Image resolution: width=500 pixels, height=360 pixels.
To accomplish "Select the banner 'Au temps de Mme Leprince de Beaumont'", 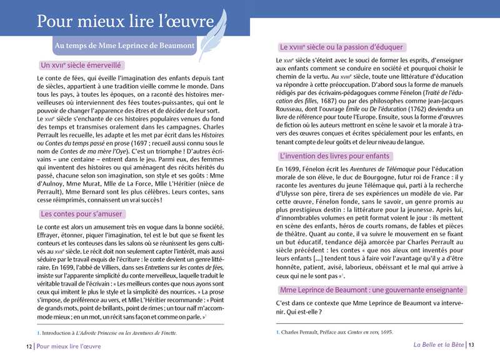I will pyautogui.click(x=124, y=46).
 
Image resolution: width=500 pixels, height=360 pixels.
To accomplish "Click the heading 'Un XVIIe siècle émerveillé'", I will pyautogui.click(x=79, y=65).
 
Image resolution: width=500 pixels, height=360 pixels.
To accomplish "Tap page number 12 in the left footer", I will pyautogui.click(x=29, y=346).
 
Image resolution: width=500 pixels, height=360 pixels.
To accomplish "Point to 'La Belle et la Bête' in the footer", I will pyautogui.click(x=439, y=346).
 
